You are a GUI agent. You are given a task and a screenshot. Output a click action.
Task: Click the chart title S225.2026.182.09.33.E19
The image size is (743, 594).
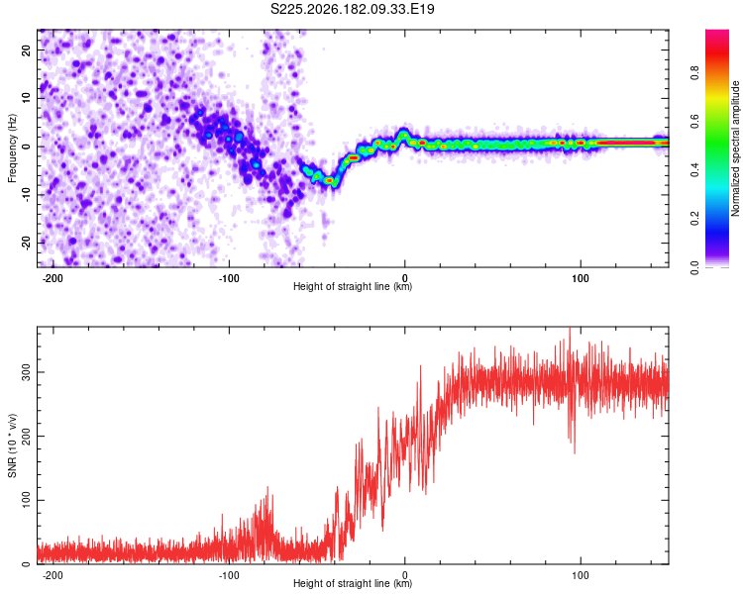coord(352,9)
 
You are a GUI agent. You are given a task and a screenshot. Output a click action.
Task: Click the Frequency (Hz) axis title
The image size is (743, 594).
coord(12,148)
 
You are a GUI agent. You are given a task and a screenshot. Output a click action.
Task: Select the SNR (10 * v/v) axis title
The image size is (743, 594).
coord(12,445)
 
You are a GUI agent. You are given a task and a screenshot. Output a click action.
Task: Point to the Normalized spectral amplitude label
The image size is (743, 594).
coord(735,148)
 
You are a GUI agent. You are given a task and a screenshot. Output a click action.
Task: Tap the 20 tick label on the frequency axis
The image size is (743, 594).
coord(26,49)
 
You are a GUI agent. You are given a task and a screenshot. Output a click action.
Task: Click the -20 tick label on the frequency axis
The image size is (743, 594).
coord(26,243)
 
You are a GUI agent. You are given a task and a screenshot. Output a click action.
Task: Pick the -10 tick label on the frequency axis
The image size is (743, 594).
coord(26,194)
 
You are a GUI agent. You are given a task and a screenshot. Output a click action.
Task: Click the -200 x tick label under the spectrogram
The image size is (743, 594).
coord(53,278)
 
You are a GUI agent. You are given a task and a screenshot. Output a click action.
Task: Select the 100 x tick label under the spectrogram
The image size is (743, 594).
coord(580,278)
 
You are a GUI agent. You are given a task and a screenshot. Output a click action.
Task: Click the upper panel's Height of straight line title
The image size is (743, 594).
coord(353,286)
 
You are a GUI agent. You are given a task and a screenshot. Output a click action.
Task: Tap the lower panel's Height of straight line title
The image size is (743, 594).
coord(353,583)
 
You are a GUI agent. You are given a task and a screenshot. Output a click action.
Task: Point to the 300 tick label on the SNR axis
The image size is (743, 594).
coord(26,372)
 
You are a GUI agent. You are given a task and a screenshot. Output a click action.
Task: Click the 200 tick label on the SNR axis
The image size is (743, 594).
coord(26,437)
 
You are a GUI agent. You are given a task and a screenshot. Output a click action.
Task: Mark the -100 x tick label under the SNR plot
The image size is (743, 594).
coord(229,575)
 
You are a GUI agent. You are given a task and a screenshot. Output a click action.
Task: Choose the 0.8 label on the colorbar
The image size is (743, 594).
coord(694,73)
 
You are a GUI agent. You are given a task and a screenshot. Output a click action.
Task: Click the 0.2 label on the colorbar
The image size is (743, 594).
coord(694,219)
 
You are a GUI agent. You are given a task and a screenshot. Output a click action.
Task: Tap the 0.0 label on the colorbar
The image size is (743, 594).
coord(694,267)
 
